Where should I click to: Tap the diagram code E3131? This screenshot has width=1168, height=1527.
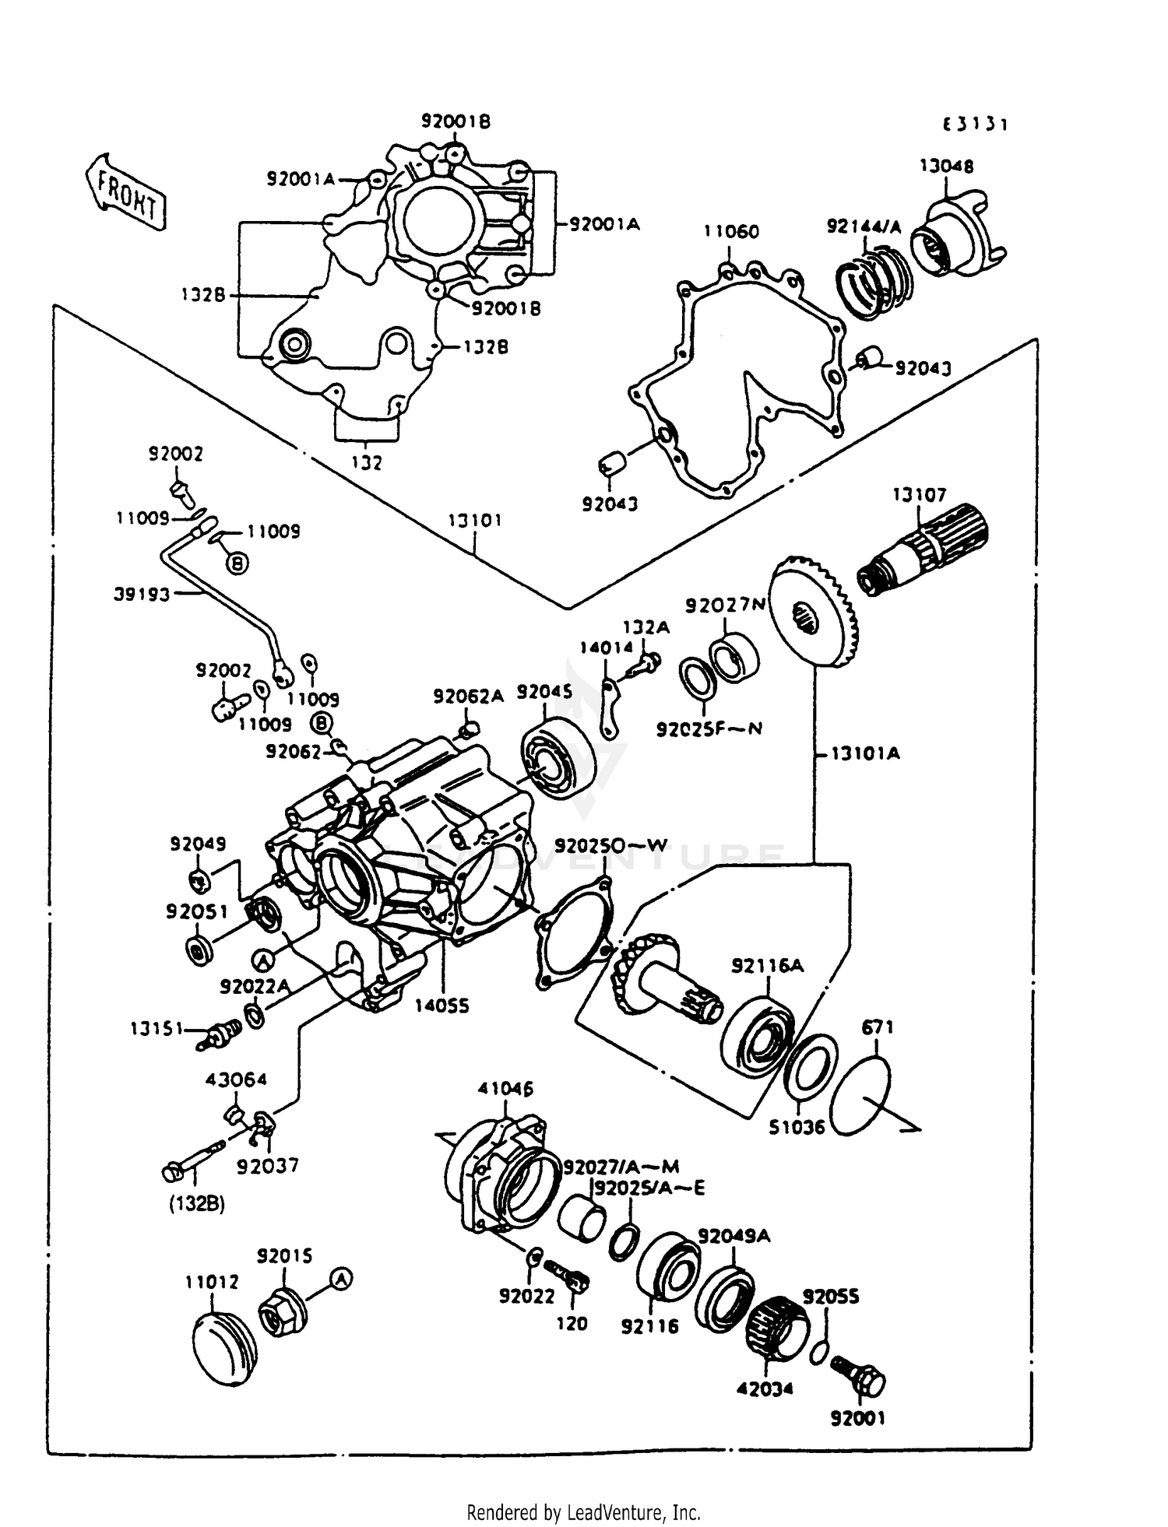point(975,125)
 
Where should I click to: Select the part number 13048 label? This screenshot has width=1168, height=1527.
point(946,166)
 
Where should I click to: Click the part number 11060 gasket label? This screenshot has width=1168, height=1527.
point(731,231)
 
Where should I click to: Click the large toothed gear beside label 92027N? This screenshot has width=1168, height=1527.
point(814,612)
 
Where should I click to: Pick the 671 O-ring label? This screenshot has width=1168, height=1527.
point(878,1027)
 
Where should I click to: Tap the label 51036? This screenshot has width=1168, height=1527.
point(797,1126)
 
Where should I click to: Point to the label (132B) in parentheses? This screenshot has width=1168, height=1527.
point(197,1203)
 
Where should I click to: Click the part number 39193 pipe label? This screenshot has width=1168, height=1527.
point(142,595)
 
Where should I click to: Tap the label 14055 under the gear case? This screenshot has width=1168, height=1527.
point(442,1006)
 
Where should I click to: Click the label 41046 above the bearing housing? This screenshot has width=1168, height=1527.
point(505,1088)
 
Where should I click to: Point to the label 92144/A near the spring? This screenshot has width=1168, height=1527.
point(864,226)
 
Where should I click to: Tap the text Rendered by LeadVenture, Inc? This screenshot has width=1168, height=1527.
point(583,1512)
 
